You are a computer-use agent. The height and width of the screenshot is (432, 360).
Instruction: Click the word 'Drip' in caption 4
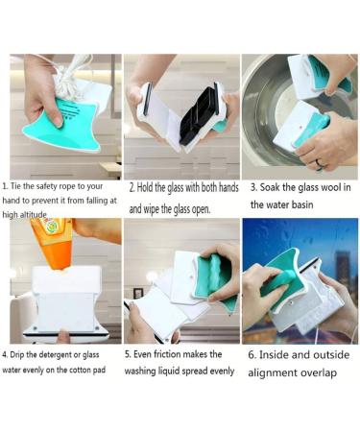(23, 353)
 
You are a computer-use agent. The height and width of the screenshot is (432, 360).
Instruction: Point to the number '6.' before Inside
(253, 354)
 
